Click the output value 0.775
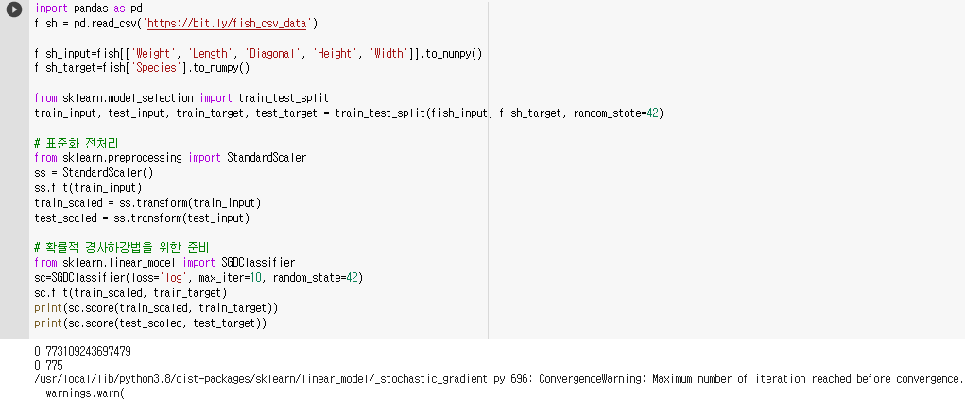(48, 365)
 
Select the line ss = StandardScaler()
(93, 173)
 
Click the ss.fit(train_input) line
(84, 188)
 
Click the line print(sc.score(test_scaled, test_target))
(150, 323)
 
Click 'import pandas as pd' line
(88, 8)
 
